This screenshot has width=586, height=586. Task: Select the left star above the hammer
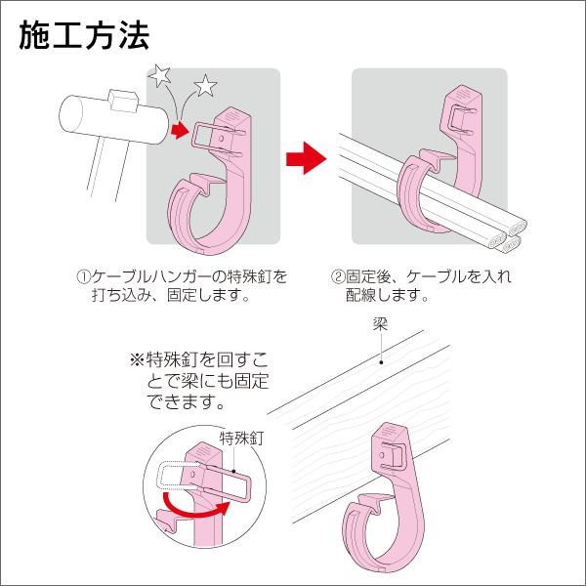point(158,74)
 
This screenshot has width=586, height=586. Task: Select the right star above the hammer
point(205,86)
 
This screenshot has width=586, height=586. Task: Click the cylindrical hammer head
point(112,118)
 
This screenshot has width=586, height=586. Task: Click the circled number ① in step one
point(85,276)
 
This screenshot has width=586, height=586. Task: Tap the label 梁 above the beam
point(380,324)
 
